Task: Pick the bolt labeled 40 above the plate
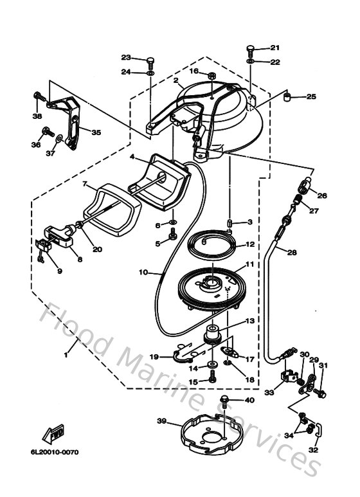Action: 224,402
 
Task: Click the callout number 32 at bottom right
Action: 313,451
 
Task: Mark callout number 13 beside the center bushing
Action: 249,320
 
